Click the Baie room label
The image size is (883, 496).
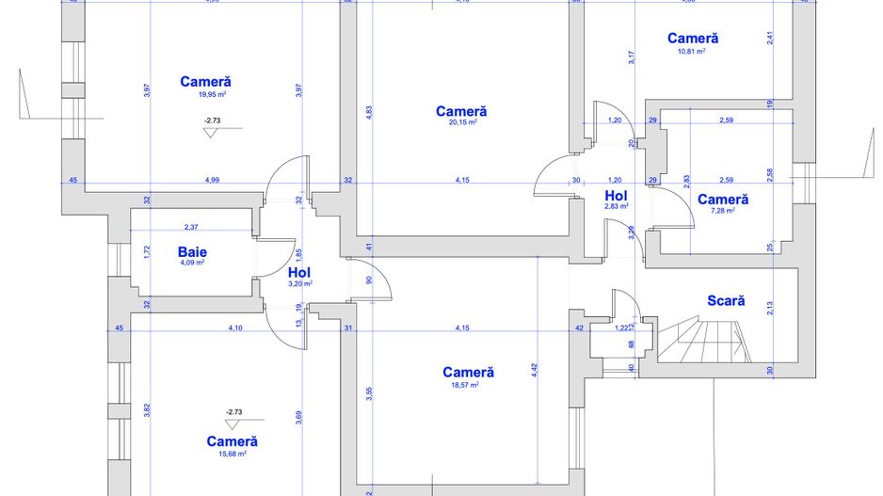click(192, 251)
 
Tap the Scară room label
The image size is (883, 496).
click(726, 301)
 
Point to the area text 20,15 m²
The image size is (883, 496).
click(461, 122)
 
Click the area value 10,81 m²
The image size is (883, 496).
click(692, 51)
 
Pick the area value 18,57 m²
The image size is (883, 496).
click(468, 384)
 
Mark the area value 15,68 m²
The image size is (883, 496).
click(232, 453)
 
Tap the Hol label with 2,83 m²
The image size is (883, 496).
click(617, 195)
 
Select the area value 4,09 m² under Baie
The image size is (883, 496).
click(192, 263)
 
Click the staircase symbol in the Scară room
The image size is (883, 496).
click(706, 340)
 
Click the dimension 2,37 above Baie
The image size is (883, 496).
click(191, 227)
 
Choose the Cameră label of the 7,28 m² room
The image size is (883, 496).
click(722, 200)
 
